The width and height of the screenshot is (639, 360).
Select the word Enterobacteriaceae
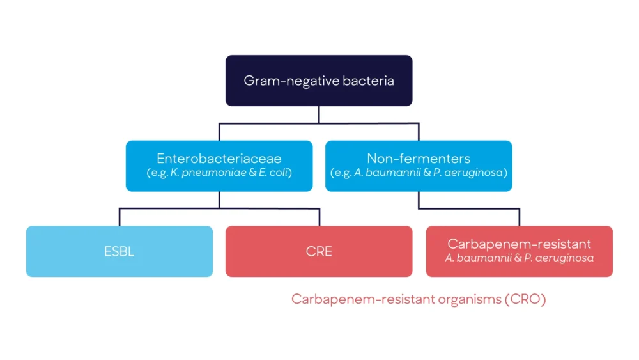click(219, 158)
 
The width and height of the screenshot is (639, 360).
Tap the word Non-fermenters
click(419, 158)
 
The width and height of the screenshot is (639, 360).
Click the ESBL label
click(119, 251)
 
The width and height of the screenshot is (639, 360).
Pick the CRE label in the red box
click(319, 251)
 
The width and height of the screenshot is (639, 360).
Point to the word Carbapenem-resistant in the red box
click(519, 244)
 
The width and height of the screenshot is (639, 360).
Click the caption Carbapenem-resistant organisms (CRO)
click(419, 299)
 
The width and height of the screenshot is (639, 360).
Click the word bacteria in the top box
click(367, 81)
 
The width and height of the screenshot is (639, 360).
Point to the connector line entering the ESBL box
click(119, 217)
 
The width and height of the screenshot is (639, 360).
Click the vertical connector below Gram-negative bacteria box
click(319, 114)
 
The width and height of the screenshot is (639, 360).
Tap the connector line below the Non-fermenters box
click(419, 200)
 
